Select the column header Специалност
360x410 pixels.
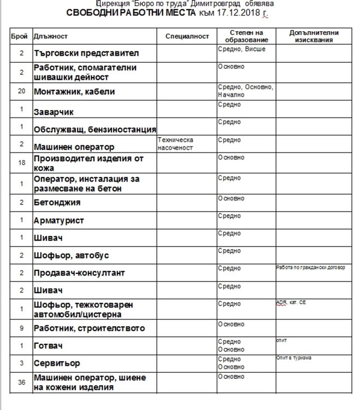tap(187, 36)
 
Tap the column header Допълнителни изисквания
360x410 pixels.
tap(314, 36)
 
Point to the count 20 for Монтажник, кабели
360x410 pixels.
tap(21, 91)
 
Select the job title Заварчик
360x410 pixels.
tap(54, 112)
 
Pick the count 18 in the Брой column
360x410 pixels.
tap(21, 163)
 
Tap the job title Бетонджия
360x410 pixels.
tap(57, 202)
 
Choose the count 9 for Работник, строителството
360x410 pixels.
tap(21, 329)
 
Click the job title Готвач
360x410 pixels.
tap(49, 346)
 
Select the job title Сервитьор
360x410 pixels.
tap(56, 363)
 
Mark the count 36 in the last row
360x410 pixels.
tap(21, 382)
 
